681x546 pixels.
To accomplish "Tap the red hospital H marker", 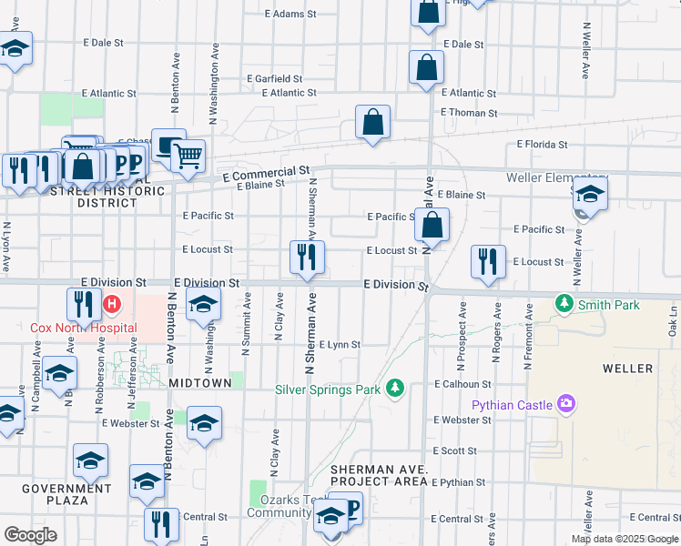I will tap(112, 303).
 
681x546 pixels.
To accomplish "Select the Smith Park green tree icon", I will tap(564, 303).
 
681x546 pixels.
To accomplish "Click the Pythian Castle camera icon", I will tap(566, 404).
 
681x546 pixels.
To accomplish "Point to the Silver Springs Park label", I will tap(328, 389).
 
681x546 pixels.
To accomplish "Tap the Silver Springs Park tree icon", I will tap(394, 389).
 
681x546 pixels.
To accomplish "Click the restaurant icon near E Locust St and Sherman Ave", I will tap(307, 258).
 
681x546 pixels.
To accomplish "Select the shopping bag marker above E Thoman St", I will tap(372, 123).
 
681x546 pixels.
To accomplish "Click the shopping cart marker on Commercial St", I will tap(188, 157).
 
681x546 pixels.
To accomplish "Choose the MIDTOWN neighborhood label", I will tap(200, 384).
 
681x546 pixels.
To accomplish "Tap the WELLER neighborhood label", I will tap(627, 369).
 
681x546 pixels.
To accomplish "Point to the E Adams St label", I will tap(290, 15).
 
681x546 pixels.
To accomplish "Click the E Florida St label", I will tap(542, 145).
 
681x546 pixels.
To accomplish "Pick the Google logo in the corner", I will tap(30, 535).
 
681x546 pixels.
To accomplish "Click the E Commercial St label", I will tap(266, 173).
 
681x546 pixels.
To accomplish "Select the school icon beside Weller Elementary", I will tap(590, 194).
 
